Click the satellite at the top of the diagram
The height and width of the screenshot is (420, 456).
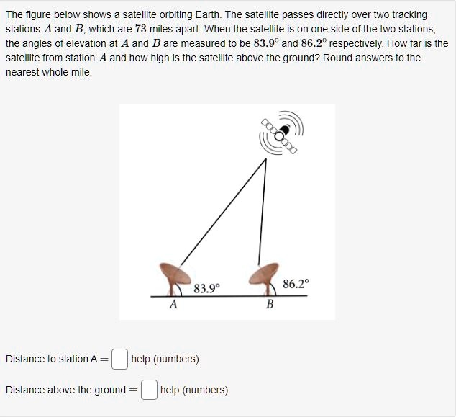[284, 132]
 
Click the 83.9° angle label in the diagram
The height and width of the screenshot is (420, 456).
[207, 289]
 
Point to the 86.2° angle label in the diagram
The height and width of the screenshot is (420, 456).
[296, 284]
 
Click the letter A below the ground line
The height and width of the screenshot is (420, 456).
[173, 305]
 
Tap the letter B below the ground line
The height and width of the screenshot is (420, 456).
[270, 305]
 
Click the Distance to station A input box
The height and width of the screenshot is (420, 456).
[120, 358]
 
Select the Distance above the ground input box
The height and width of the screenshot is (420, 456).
[149, 390]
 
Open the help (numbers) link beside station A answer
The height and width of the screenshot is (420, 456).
[165, 359]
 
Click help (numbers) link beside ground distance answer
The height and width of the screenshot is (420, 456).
[194, 390]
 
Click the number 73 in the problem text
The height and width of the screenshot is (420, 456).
[141, 30]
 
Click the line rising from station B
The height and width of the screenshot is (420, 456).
[263, 216]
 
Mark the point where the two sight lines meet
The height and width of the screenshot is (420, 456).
[265, 158]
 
